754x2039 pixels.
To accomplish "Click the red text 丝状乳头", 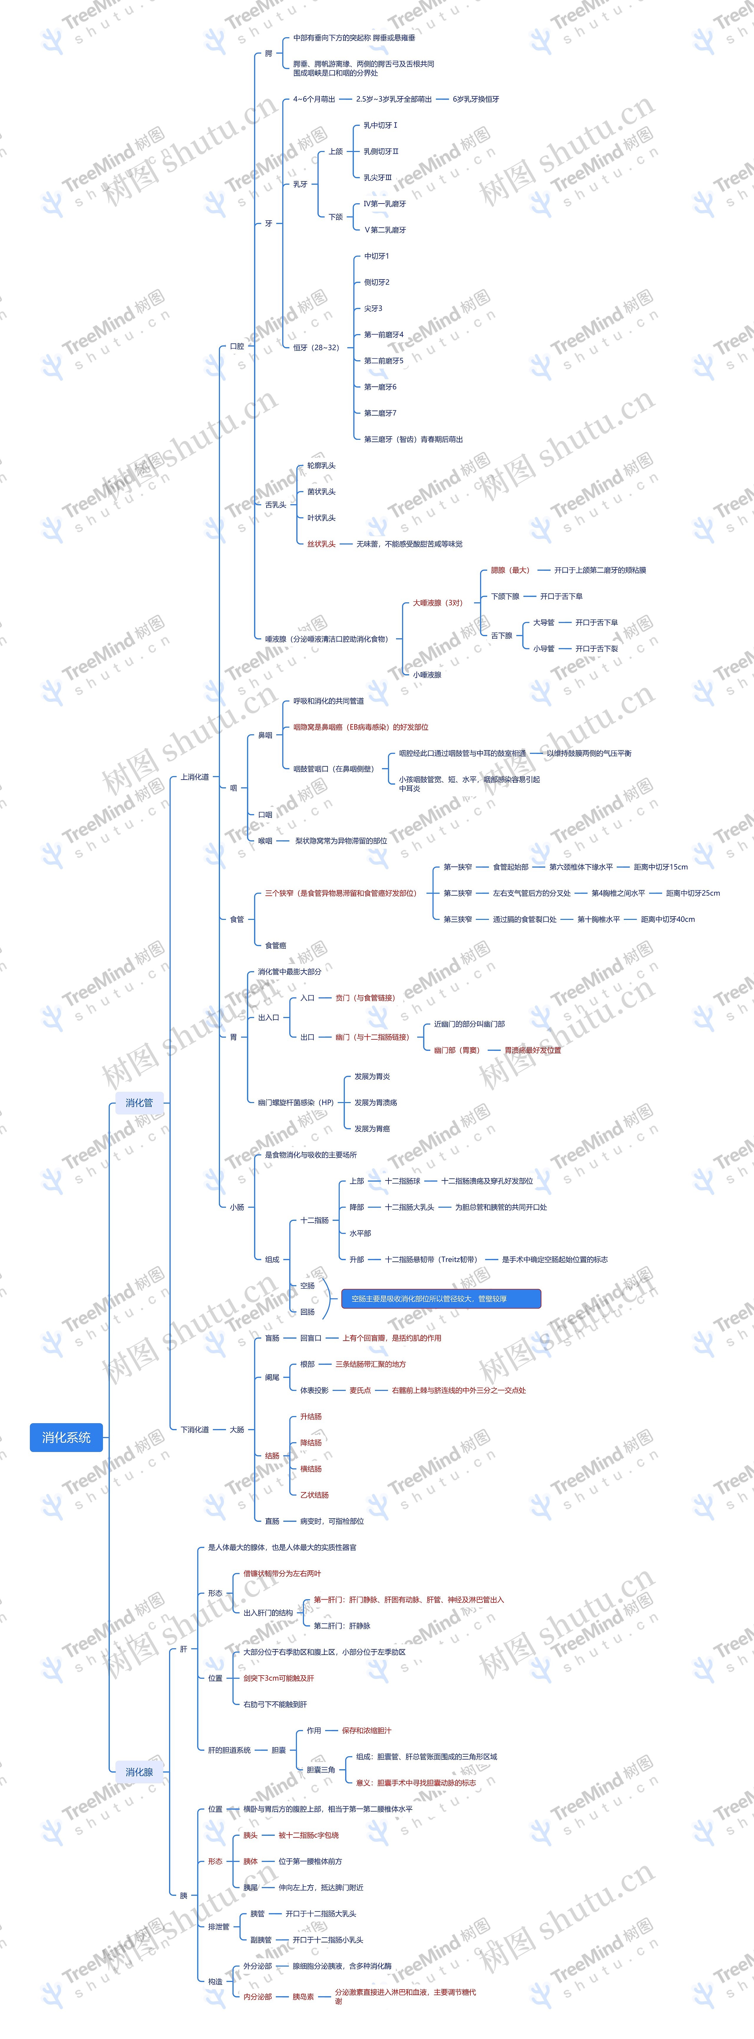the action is pyautogui.click(x=321, y=544).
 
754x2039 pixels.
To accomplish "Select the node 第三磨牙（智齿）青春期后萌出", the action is pyautogui.click(x=413, y=439).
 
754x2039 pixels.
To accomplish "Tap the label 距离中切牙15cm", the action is pyautogui.click(x=661, y=867).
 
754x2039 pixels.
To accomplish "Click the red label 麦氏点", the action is pyautogui.click(x=360, y=1390).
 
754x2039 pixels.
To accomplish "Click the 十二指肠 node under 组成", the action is pyautogui.click(x=314, y=1220).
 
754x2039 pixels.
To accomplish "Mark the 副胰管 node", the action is pyautogui.click(x=261, y=1939).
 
